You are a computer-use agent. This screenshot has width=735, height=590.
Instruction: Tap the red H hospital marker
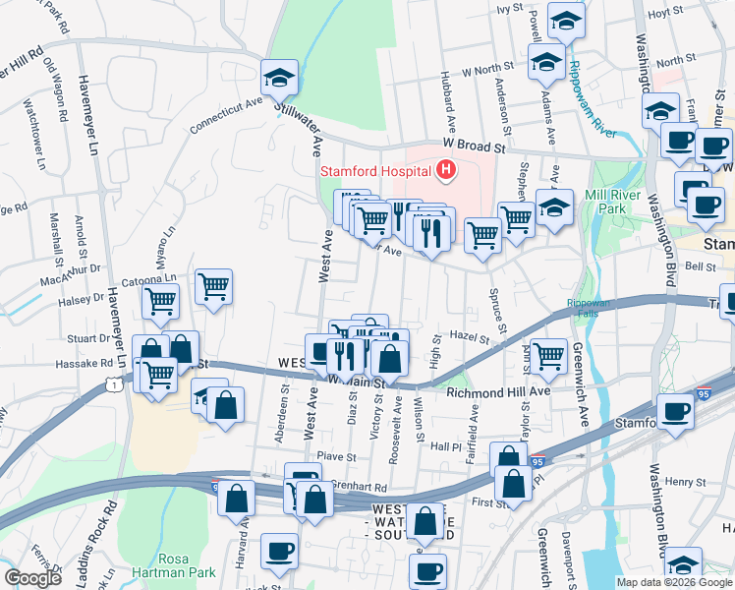coord(447,171)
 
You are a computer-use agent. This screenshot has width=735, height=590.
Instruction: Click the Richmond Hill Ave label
coord(498,390)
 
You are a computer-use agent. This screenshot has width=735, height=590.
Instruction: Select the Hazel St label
coord(470,337)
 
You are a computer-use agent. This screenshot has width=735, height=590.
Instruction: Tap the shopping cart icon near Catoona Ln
coord(212,287)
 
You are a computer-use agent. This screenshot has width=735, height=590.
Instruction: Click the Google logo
coord(32,578)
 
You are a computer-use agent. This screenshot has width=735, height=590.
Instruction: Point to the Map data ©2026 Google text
coord(673,582)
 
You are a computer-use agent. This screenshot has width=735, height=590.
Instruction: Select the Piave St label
coord(335,456)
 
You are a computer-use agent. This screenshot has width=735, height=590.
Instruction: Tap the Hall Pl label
coord(444,445)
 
